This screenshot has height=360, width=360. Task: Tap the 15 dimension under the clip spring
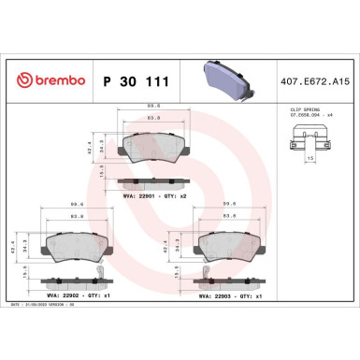[x=310, y=160]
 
